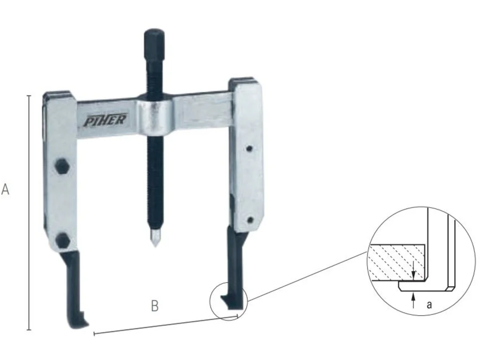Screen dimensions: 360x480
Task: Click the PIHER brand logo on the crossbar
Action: [x=105, y=120]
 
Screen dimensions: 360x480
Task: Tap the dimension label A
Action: [x=6, y=190]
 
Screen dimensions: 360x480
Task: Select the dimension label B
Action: [x=155, y=306]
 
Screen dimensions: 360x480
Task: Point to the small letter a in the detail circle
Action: [x=429, y=304]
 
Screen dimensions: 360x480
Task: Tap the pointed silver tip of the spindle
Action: [x=154, y=240]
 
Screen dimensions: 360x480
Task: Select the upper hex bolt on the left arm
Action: [x=61, y=166]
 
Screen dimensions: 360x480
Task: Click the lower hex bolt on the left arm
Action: [x=62, y=240]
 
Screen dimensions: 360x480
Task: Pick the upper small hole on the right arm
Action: [x=250, y=149]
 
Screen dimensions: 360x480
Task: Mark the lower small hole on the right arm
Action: [x=250, y=220]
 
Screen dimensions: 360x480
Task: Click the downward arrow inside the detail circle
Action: [x=413, y=271]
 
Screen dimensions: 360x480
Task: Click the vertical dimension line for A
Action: [x=29, y=211]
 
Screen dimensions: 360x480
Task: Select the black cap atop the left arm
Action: [x=57, y=95]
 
